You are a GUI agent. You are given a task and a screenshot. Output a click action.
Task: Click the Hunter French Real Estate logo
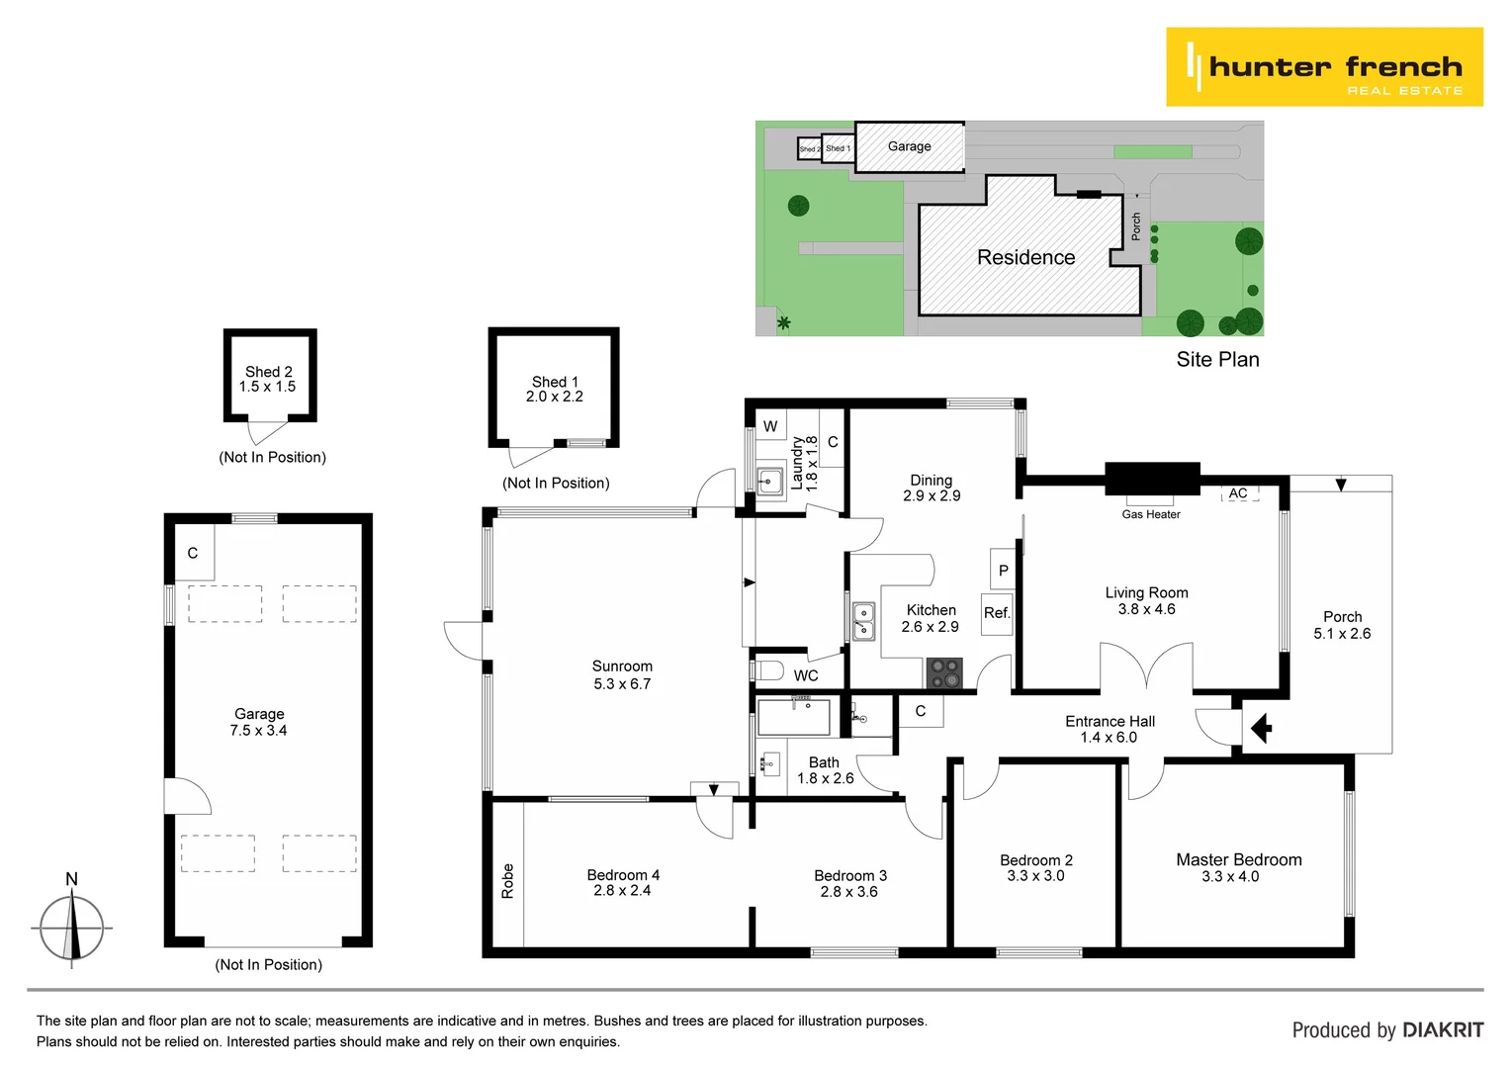point(1324,67)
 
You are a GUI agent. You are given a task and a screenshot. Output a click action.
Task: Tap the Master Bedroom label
point(1238,860)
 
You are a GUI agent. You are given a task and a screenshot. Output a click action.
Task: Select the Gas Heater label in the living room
point(1151,514)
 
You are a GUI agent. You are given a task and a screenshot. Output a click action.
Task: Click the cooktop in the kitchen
point(944,673)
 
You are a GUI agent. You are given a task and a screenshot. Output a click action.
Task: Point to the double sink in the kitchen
point(864,621)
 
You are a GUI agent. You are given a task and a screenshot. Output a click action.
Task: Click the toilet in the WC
point(768,670)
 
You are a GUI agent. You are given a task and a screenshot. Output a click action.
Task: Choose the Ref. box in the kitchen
point(997,613)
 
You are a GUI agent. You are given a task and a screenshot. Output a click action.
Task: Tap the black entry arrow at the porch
point(1261,730)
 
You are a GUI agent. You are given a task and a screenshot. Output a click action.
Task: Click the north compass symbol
point(71,926)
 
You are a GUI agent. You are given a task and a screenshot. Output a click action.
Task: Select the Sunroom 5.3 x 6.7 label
point(622,674)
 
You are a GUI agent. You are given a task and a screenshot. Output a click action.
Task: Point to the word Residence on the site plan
point(1025,257)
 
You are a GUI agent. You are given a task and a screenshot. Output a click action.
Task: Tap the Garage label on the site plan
point(909,146)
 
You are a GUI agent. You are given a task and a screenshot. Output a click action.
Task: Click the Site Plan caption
point(1217,360)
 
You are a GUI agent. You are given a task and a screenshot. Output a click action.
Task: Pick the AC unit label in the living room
point(1238,493)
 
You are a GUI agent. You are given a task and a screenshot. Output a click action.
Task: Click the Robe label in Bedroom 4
point(507,881)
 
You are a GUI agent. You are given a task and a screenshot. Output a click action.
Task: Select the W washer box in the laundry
point(770,426)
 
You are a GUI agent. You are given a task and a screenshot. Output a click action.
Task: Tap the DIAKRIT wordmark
point(1443,1030)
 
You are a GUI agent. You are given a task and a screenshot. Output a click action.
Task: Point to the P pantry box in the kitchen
point(1003,570)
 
